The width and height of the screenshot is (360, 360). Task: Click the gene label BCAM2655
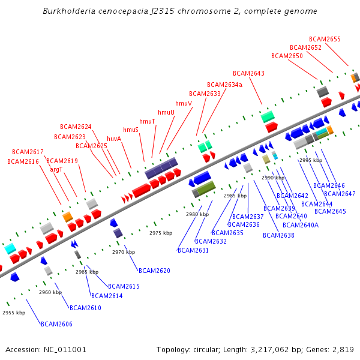point(325,40)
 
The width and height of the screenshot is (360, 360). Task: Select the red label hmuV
point(184,103)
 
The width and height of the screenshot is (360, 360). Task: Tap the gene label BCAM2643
point(248,74)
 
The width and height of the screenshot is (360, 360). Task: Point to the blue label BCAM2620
point(154,271)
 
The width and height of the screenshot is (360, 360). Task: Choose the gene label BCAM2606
point(56,324)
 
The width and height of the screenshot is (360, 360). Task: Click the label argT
point(56,170)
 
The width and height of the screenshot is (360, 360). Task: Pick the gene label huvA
point(114,139)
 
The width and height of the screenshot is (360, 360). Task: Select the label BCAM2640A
point(301,225)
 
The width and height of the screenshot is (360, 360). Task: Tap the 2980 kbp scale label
point(197,214)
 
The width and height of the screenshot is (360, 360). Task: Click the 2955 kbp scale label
point(13,313)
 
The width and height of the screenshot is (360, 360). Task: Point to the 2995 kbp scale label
point(311,160)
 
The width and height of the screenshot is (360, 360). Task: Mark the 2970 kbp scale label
point(123,252)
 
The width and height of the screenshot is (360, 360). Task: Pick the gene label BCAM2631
point(193,250)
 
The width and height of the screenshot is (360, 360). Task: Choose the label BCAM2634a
point(224,85)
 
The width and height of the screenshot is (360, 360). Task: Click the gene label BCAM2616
point(23,161)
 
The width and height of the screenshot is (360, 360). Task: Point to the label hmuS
point(131,130)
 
